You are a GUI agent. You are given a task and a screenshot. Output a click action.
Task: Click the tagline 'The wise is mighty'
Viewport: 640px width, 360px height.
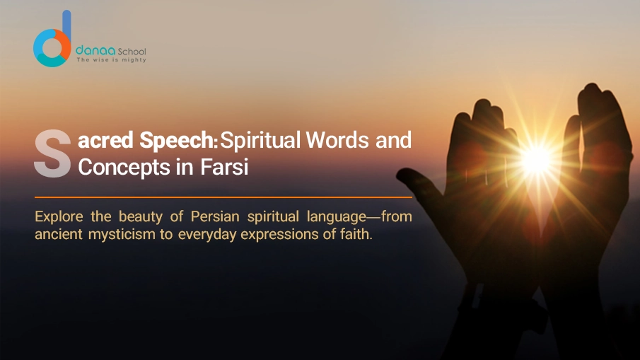[111, 61]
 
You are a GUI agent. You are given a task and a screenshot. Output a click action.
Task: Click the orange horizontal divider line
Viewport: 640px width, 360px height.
[223, 197]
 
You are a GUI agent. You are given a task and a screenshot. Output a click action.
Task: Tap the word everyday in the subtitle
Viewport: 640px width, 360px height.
[206, 235]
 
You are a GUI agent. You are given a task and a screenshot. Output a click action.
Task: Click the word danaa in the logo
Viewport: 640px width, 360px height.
[91, 52]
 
